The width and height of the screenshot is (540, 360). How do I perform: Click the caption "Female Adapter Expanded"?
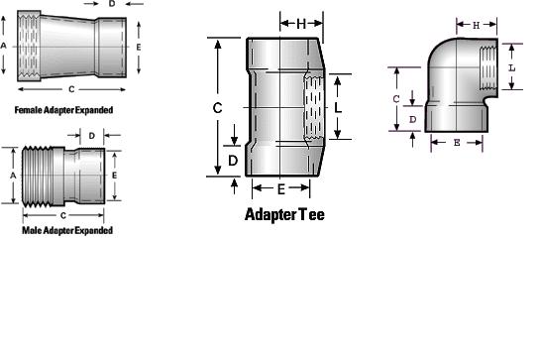[63, 109]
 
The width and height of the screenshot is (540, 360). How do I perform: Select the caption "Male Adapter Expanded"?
[67, 230]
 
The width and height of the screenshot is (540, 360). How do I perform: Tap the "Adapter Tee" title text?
[283, 213]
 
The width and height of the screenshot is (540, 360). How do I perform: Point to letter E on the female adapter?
[138, 47]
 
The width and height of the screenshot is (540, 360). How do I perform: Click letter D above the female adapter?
[111, 5]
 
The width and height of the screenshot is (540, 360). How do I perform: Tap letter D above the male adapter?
[91, 134]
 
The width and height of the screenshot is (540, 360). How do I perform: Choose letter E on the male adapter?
[115, 175]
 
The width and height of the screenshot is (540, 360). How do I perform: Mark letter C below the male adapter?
[62, 213]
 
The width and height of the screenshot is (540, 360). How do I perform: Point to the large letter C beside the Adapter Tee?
[217, 106]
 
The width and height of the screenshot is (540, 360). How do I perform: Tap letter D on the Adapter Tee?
[233, 160]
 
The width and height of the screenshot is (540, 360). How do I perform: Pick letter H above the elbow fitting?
[476, 24]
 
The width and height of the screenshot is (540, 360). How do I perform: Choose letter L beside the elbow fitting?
[510, 67]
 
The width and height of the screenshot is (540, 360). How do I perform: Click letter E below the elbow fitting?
[456, 143]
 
